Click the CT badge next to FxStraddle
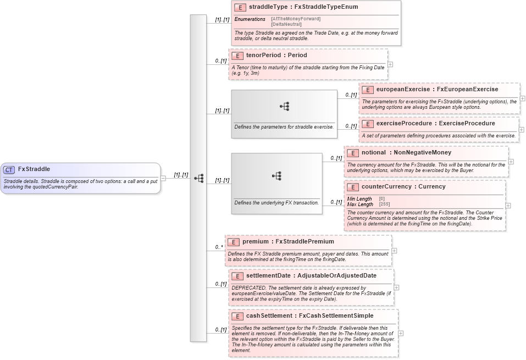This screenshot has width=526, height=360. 9,169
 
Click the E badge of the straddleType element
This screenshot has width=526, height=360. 240,7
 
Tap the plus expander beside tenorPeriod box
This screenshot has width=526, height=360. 390,64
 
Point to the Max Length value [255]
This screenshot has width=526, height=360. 385,204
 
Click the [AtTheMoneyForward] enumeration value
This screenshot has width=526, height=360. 296,19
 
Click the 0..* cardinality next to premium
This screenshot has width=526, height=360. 219,247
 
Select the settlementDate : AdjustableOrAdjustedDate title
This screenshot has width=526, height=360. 311,275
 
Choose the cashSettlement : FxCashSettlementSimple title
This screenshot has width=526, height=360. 309,315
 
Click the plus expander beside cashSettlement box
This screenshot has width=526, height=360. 401,333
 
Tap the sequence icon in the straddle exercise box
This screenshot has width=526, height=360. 284,106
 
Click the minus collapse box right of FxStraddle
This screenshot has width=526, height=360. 163,178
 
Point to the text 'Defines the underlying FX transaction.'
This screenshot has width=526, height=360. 276,202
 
